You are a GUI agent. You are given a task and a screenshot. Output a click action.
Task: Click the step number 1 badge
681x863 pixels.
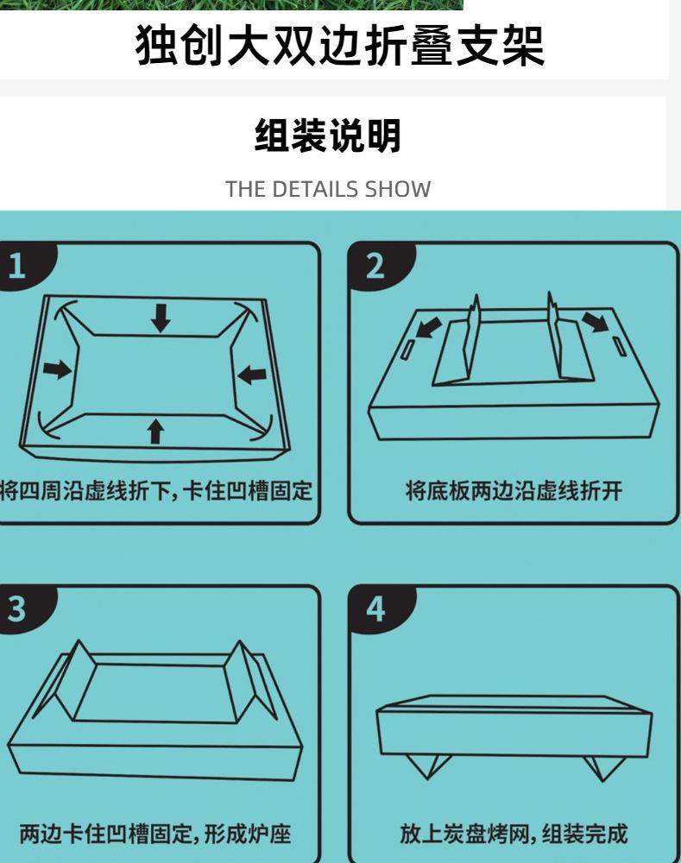click(22, 265)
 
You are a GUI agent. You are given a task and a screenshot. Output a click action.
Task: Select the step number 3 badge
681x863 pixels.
click(22, 608)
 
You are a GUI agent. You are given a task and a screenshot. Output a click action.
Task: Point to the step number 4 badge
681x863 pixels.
click(377, 608)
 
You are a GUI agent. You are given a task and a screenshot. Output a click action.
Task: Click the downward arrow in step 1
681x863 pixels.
click(161, 318)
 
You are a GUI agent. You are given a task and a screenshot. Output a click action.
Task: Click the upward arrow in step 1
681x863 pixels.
click(156, 431)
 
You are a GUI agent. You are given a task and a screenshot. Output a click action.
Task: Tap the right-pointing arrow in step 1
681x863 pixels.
click(57, 369)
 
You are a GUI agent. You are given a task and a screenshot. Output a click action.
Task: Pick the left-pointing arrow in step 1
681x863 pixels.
click(251, 375)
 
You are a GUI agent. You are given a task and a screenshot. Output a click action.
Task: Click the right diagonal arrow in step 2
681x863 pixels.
click(595, 321)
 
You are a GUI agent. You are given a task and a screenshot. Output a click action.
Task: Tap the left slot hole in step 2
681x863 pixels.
click(408, 350)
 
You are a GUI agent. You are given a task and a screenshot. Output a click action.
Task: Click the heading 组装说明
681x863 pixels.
click(328, 135)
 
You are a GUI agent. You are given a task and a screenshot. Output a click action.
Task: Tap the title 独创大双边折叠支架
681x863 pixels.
click(340, 45)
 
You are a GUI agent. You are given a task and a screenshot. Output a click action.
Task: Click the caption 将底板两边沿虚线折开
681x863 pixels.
click(514, 490)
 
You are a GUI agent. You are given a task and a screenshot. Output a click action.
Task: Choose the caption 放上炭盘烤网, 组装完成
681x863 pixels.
click(514, 834)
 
